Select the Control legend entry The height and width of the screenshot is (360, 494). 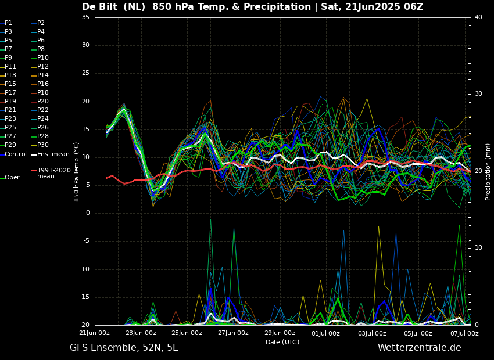click(16, 154)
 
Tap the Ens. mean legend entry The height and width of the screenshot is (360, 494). click(53, 154)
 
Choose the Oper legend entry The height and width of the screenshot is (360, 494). click(12, 178)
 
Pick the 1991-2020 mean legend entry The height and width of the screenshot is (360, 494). click(53, 173)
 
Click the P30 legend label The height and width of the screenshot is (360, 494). click(43, 145)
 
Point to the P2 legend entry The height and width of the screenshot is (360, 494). click(41, 23)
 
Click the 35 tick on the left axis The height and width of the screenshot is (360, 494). click(85, 17)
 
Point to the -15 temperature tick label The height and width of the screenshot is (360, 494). click(84, 297)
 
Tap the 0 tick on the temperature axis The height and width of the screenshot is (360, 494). click(88, 213)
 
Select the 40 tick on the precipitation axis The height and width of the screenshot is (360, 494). click(478, 17)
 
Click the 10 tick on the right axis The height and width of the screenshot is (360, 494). click(478, 248)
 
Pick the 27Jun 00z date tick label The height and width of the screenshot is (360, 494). click(233, 333)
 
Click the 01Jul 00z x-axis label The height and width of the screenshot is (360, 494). click(325, 333)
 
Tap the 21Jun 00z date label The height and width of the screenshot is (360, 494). click(94, 333)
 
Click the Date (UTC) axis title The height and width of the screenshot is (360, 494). click(282, 342)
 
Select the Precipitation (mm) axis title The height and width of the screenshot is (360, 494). click(488, 172)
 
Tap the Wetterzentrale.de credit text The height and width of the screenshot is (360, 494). click(419, 348)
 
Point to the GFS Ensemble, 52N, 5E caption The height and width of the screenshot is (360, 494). click(124, 348)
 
